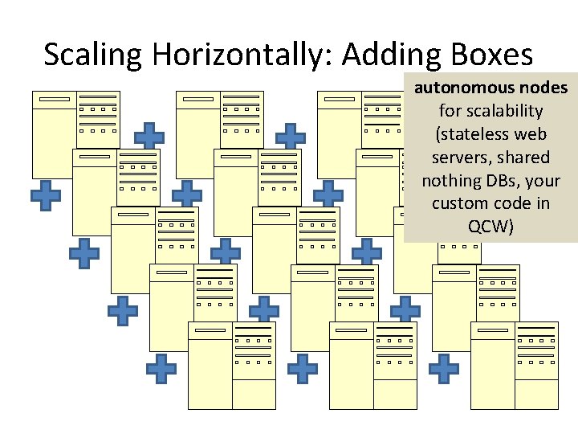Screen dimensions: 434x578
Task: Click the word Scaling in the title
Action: (93, 55)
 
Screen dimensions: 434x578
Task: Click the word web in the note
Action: (531, 134)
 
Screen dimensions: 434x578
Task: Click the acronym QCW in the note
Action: (488, 227)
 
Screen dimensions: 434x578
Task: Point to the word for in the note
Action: (452, 111)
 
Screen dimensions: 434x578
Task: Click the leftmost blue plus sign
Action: (46, 195)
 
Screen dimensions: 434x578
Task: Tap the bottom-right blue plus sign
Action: (444, 368)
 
